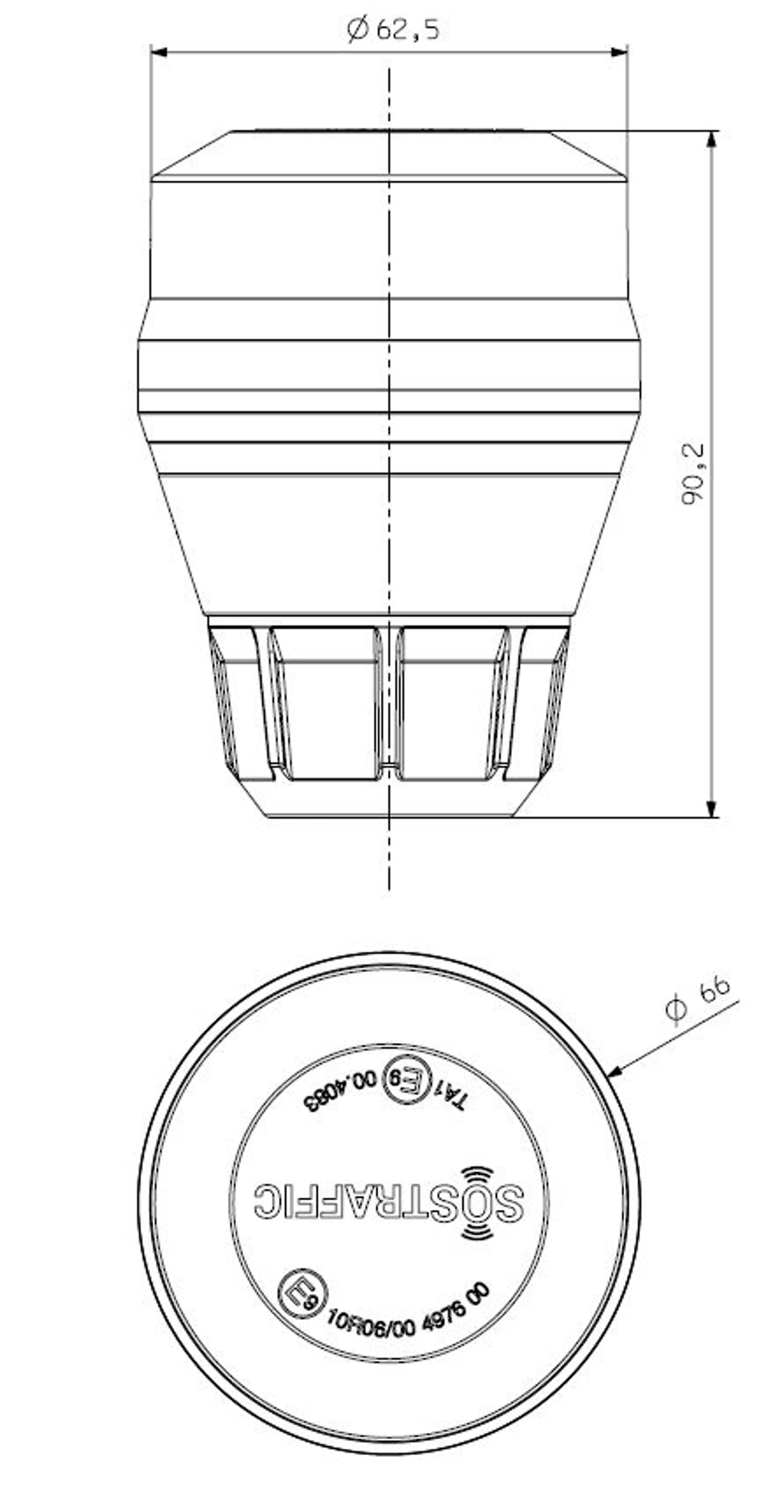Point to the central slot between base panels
[x=389, y=704]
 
